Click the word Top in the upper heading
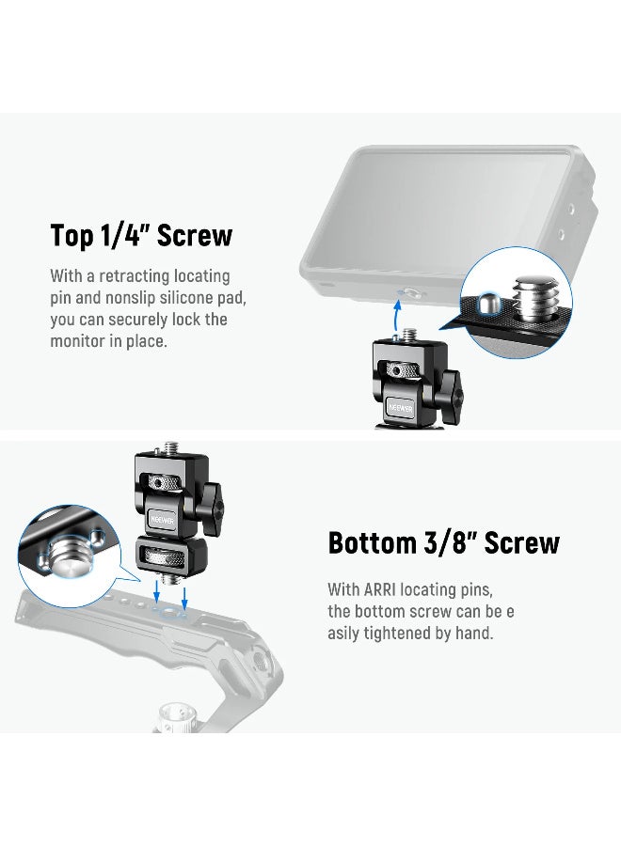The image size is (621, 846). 72,235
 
